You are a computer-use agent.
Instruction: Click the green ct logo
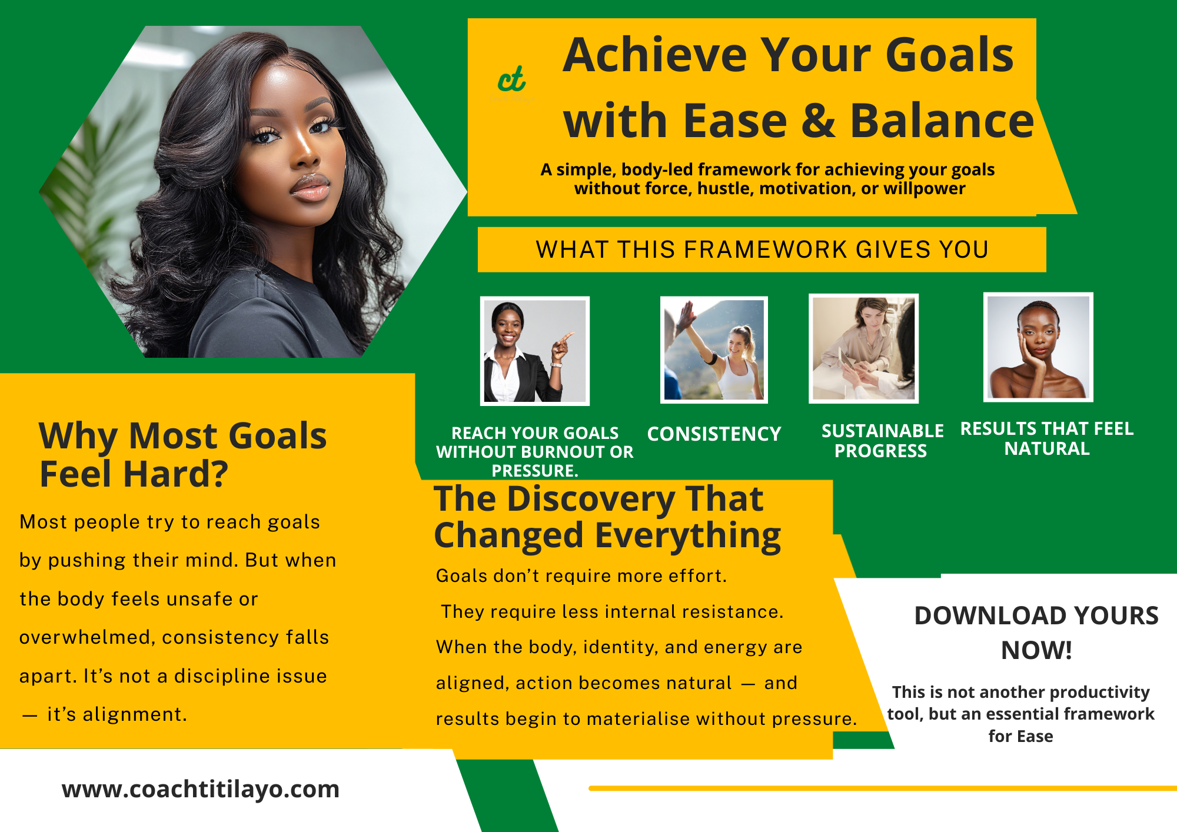511,79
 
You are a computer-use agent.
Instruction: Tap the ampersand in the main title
819,121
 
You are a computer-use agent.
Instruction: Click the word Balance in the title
942,120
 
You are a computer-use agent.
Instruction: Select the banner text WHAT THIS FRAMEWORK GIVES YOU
762,249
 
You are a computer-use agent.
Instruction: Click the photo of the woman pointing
535,351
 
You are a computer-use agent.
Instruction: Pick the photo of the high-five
714,350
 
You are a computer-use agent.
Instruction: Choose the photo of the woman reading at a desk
863,348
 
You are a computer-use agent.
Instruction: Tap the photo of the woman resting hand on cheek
1038,347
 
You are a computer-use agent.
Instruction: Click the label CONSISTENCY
714,434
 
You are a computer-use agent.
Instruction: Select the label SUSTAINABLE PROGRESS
882,441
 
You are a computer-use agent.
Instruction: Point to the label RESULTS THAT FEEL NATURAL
1047,438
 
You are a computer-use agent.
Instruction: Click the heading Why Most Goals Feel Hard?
182,454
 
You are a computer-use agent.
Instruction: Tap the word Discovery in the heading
591,499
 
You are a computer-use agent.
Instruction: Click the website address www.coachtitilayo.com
201,789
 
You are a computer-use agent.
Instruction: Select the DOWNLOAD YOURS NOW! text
1036,633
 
